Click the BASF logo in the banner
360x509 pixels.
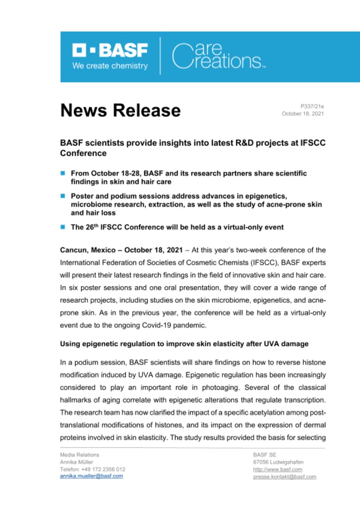(110, 51)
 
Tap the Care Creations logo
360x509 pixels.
(216, 56)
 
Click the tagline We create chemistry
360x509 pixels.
(110, 66)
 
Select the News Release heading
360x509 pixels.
(120, 110)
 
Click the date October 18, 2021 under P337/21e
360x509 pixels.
(303, 114)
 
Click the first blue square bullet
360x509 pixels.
(62, 173)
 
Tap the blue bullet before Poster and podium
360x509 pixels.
(62, 196)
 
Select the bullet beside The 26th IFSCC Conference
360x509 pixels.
(62, 227)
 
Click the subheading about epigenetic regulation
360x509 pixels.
(184, 344)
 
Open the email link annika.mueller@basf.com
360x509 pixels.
(91, 476)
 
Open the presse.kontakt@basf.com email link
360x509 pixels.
(284, 476)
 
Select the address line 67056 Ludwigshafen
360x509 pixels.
(278, 462)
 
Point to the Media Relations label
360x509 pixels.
(80, 455)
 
